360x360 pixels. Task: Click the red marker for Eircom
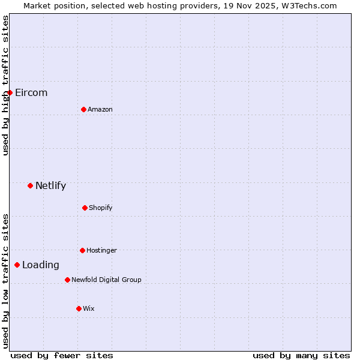tap(10, 92)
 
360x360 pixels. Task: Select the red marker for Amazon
tap(83, 109)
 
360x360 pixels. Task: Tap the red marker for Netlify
tap(30, 185)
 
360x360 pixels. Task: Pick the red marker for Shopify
tap(85, 208)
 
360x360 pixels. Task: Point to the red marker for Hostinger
tap(82, 250)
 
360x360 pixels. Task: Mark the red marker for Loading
tap(17, 265)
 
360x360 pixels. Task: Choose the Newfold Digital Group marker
tap(67, 280)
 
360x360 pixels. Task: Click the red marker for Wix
tap(79, 308)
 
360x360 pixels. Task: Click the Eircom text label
tap(31, 92)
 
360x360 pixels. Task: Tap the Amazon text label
tap(100, 109)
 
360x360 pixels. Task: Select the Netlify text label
tap(50, 185)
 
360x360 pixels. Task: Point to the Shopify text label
tap(101, 208)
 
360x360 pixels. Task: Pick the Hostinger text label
tap(101, 250)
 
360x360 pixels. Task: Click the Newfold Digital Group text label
tap(106, 280)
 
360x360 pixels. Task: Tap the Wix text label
tap(89, 308)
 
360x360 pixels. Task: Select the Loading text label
tap(41, 265)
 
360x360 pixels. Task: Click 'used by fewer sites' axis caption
tap(62, 355)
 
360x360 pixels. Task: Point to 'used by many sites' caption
tap(301, 355)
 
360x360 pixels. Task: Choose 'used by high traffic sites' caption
tap(5, 85)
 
